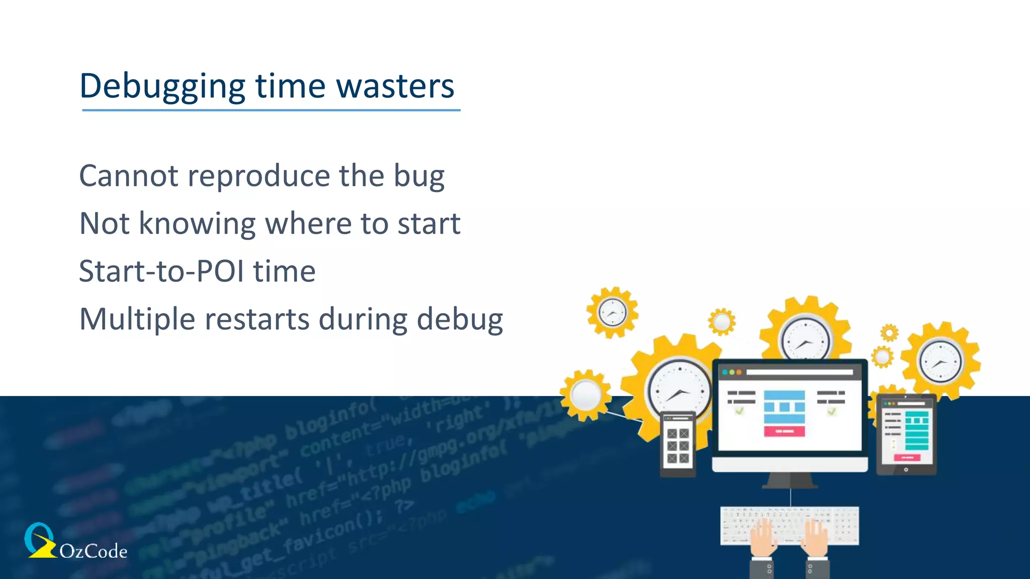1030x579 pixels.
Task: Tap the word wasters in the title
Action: [x=395, y=86]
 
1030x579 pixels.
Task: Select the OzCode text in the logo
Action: [x=93, y=551]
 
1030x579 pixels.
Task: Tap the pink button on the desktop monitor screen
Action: [x=784, y=431]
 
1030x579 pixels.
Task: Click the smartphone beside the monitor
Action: [x=677, y=445]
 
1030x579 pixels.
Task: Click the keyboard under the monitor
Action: [x=789, y=525]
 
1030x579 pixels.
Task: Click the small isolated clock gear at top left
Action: [x=612, y=313]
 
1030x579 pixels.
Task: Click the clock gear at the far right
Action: [x=939, y=361]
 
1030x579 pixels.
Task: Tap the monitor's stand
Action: [x=790, y=480]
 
